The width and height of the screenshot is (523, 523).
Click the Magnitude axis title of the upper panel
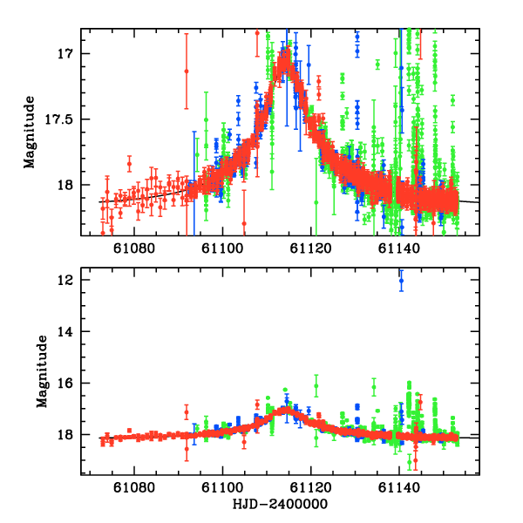click(x=30, y=132)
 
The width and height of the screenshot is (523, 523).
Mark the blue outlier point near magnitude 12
click(x=401, y=281)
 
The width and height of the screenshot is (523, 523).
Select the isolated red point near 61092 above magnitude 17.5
click(x=186, y=71)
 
